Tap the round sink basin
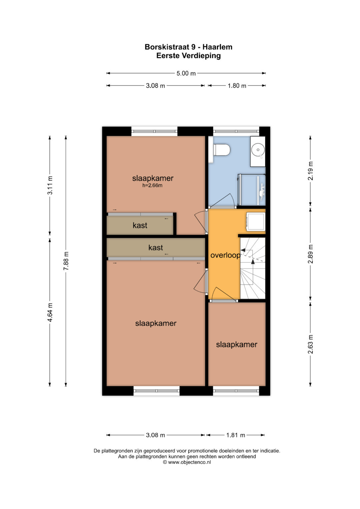(258, 150)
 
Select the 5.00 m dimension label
(186, 73)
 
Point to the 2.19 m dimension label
(310, 171)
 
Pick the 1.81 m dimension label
(236, 435)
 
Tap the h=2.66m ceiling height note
(152, 185)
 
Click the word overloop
(225, 255)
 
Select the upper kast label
(140, 225)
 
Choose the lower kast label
(156, 247)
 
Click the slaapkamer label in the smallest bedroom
(237, 344)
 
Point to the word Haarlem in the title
(217, 47)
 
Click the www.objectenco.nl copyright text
(187, 462)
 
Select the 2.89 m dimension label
(310, 254)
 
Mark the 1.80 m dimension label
(237, 86)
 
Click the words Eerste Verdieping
(188, 56)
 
